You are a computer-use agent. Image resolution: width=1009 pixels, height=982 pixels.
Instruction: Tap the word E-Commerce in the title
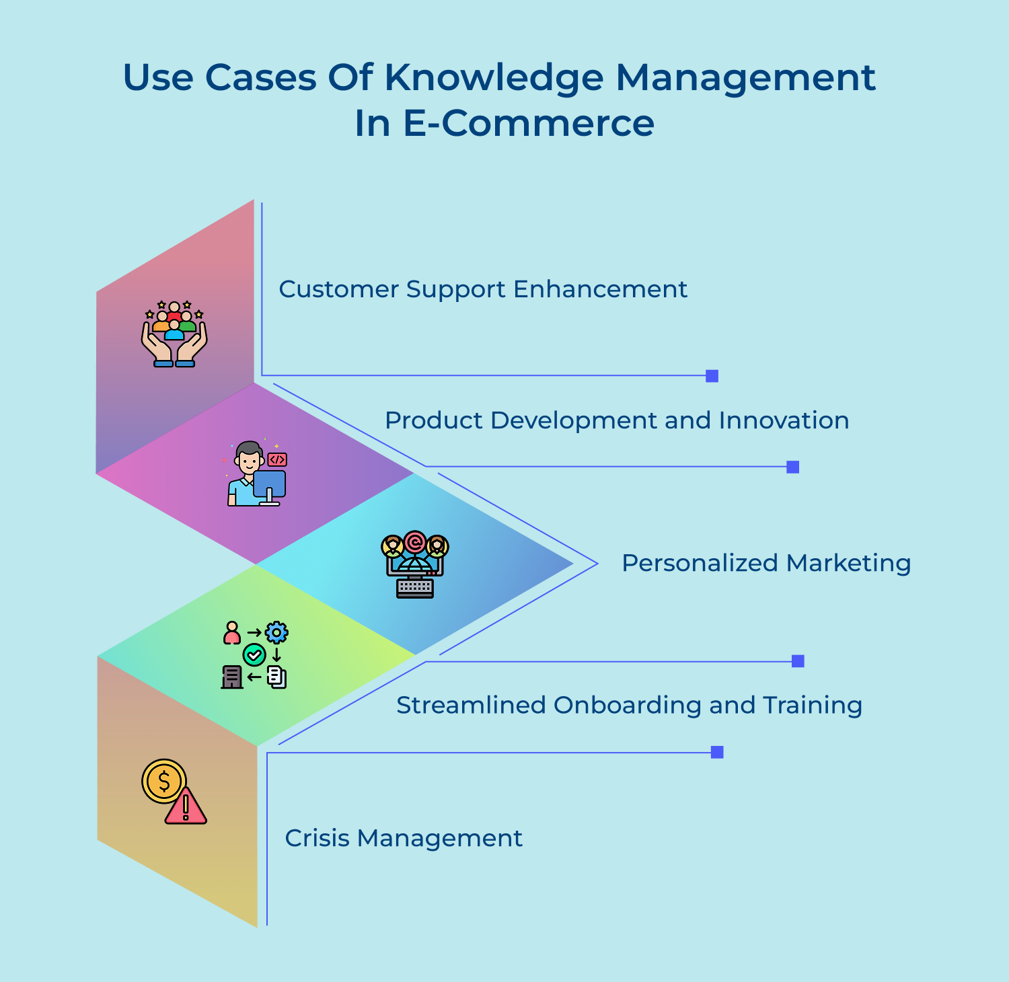(x=528, y=124)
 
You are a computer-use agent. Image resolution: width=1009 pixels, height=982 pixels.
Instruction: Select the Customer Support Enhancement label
(x=483, y=289)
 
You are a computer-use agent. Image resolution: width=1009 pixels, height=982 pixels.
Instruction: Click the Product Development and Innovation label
(x=617, y=420)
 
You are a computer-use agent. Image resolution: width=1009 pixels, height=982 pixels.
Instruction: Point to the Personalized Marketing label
(x=766, y=563)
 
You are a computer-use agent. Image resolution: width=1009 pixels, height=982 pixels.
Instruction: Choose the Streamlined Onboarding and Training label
(x=629, y=705)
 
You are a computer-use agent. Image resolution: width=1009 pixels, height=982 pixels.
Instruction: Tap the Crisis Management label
(x=404, y=838)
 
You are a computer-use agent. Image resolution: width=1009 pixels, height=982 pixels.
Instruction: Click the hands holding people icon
(x=174, y=334)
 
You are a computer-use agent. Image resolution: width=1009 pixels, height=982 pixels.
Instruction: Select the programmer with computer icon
(x=256, y=474)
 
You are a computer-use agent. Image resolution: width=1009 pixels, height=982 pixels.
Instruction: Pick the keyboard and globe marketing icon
(x=415, y=565)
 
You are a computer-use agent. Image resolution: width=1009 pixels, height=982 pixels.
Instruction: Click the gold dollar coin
(x=163, y=781)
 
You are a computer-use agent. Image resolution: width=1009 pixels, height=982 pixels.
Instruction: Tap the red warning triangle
(x=186, y=806)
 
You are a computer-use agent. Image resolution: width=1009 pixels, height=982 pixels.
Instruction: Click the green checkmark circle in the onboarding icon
(x=254, y=654)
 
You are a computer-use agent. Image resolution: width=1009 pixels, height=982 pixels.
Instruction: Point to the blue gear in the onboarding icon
(x=276, y=632)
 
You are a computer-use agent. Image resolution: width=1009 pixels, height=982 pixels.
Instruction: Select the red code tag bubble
(x=277, y=460)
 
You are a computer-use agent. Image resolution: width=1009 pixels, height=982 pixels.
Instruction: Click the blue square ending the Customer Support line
(x=712, y=376)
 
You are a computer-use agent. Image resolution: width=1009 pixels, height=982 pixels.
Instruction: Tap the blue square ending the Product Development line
(x=793, y=467)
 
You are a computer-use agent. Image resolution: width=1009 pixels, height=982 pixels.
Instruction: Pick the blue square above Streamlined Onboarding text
(x=798, y=661)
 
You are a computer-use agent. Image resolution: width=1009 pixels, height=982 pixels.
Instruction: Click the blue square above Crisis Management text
(x=717, y=752)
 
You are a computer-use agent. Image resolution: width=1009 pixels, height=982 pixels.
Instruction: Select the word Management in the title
(x=745, y=78)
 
